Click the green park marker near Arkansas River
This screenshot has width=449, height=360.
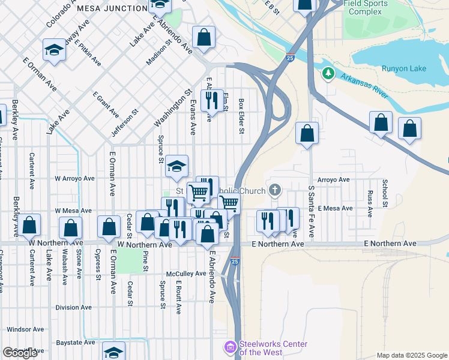(327, 73)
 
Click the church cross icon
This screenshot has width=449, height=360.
(275, 190)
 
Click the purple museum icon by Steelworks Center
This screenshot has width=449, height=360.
(230, 347)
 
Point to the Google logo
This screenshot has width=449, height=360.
(19, 353)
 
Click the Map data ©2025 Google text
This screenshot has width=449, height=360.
(412, 355)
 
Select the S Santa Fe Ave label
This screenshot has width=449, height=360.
(311, 211)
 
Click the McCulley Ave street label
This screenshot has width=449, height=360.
(186, 274)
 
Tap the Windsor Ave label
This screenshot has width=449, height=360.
(26, 329)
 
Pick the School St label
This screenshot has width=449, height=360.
(385, 193)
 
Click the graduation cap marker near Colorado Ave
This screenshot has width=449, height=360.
(54, 50)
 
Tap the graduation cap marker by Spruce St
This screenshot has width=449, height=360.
(176, 167)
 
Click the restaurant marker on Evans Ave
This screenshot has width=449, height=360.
(211, 101)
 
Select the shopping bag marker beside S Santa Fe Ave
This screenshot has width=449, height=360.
(307, 134)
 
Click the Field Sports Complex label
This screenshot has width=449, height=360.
(365, 8)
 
